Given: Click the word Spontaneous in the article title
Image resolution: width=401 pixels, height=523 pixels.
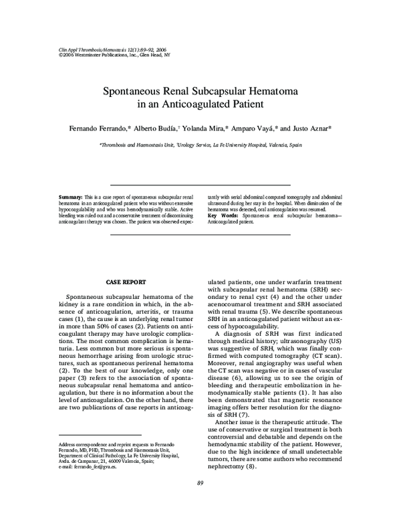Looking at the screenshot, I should point(133,91).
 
